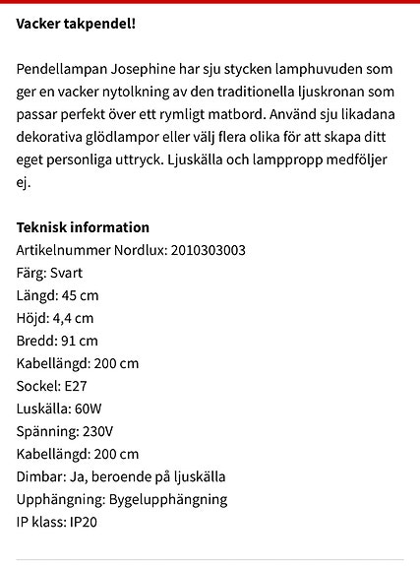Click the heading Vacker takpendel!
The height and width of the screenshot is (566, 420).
click(76, 22)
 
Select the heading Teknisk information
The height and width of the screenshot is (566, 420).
click(83, 227)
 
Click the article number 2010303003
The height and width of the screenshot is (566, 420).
click(208, 250)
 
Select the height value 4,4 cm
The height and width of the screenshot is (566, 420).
click(74, 318)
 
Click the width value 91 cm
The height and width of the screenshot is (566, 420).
click(80, 341)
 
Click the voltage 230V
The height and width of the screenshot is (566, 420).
click(97, 431)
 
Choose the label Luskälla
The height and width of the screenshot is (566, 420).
click(42, 409)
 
